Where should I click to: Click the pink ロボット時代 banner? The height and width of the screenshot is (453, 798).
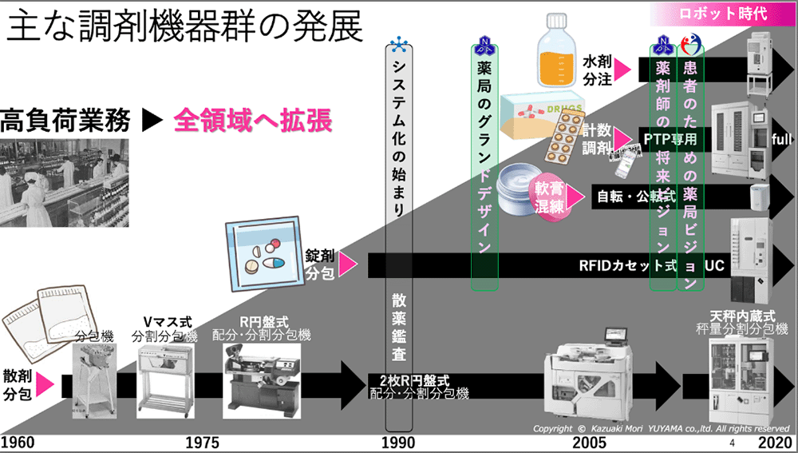tap(722, 13)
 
